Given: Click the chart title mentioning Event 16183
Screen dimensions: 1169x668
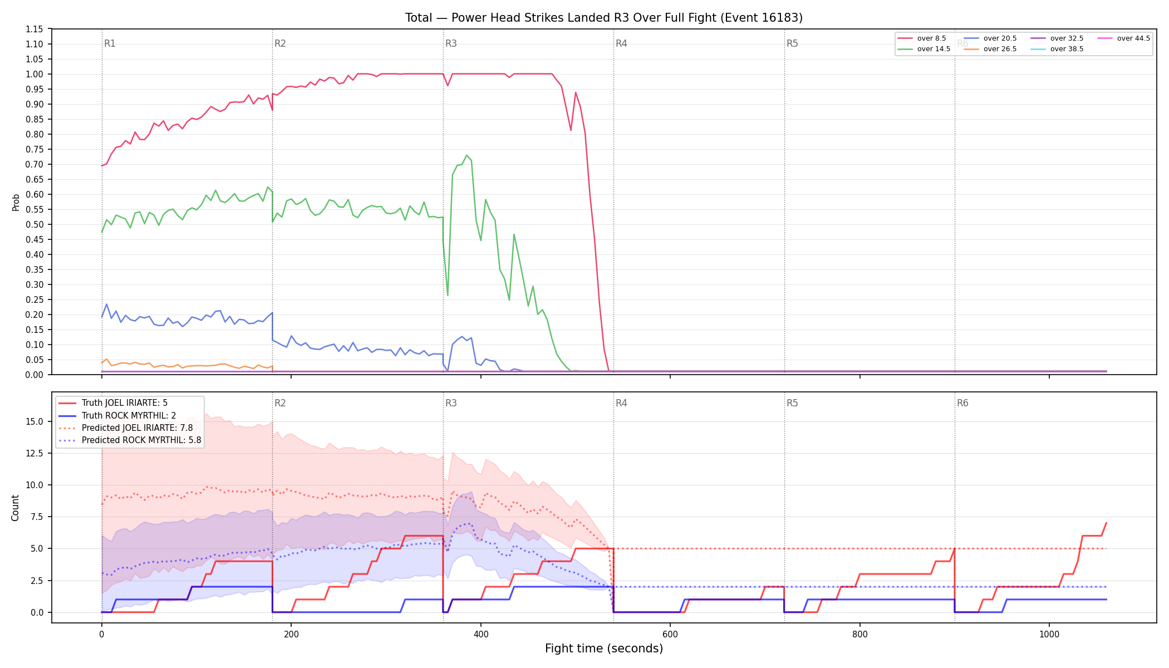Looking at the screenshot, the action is (x=604, y=18).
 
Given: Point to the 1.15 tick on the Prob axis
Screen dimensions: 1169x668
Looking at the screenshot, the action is (x=35, y=29).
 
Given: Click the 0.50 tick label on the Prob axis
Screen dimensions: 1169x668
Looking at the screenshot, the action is (x=35, y=224).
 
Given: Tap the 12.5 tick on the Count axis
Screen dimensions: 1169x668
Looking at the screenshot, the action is (x=35, y=453).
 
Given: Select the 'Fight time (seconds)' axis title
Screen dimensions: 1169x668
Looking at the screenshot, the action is (x=604, y=649).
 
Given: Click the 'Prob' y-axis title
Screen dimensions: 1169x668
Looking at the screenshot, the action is (x=16, y=202).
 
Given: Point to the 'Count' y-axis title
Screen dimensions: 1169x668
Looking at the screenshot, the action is (x=15, y=508).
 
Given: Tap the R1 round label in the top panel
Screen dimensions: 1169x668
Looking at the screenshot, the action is (x=110, y=43).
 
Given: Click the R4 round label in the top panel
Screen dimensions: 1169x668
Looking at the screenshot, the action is (x=621, y=43).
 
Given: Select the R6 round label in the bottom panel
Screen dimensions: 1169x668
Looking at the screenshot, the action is (x=962, y=403).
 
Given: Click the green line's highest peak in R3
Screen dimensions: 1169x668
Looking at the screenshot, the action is (x=466, y=155).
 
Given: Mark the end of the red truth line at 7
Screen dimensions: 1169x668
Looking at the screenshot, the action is (x=1106, y=523).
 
